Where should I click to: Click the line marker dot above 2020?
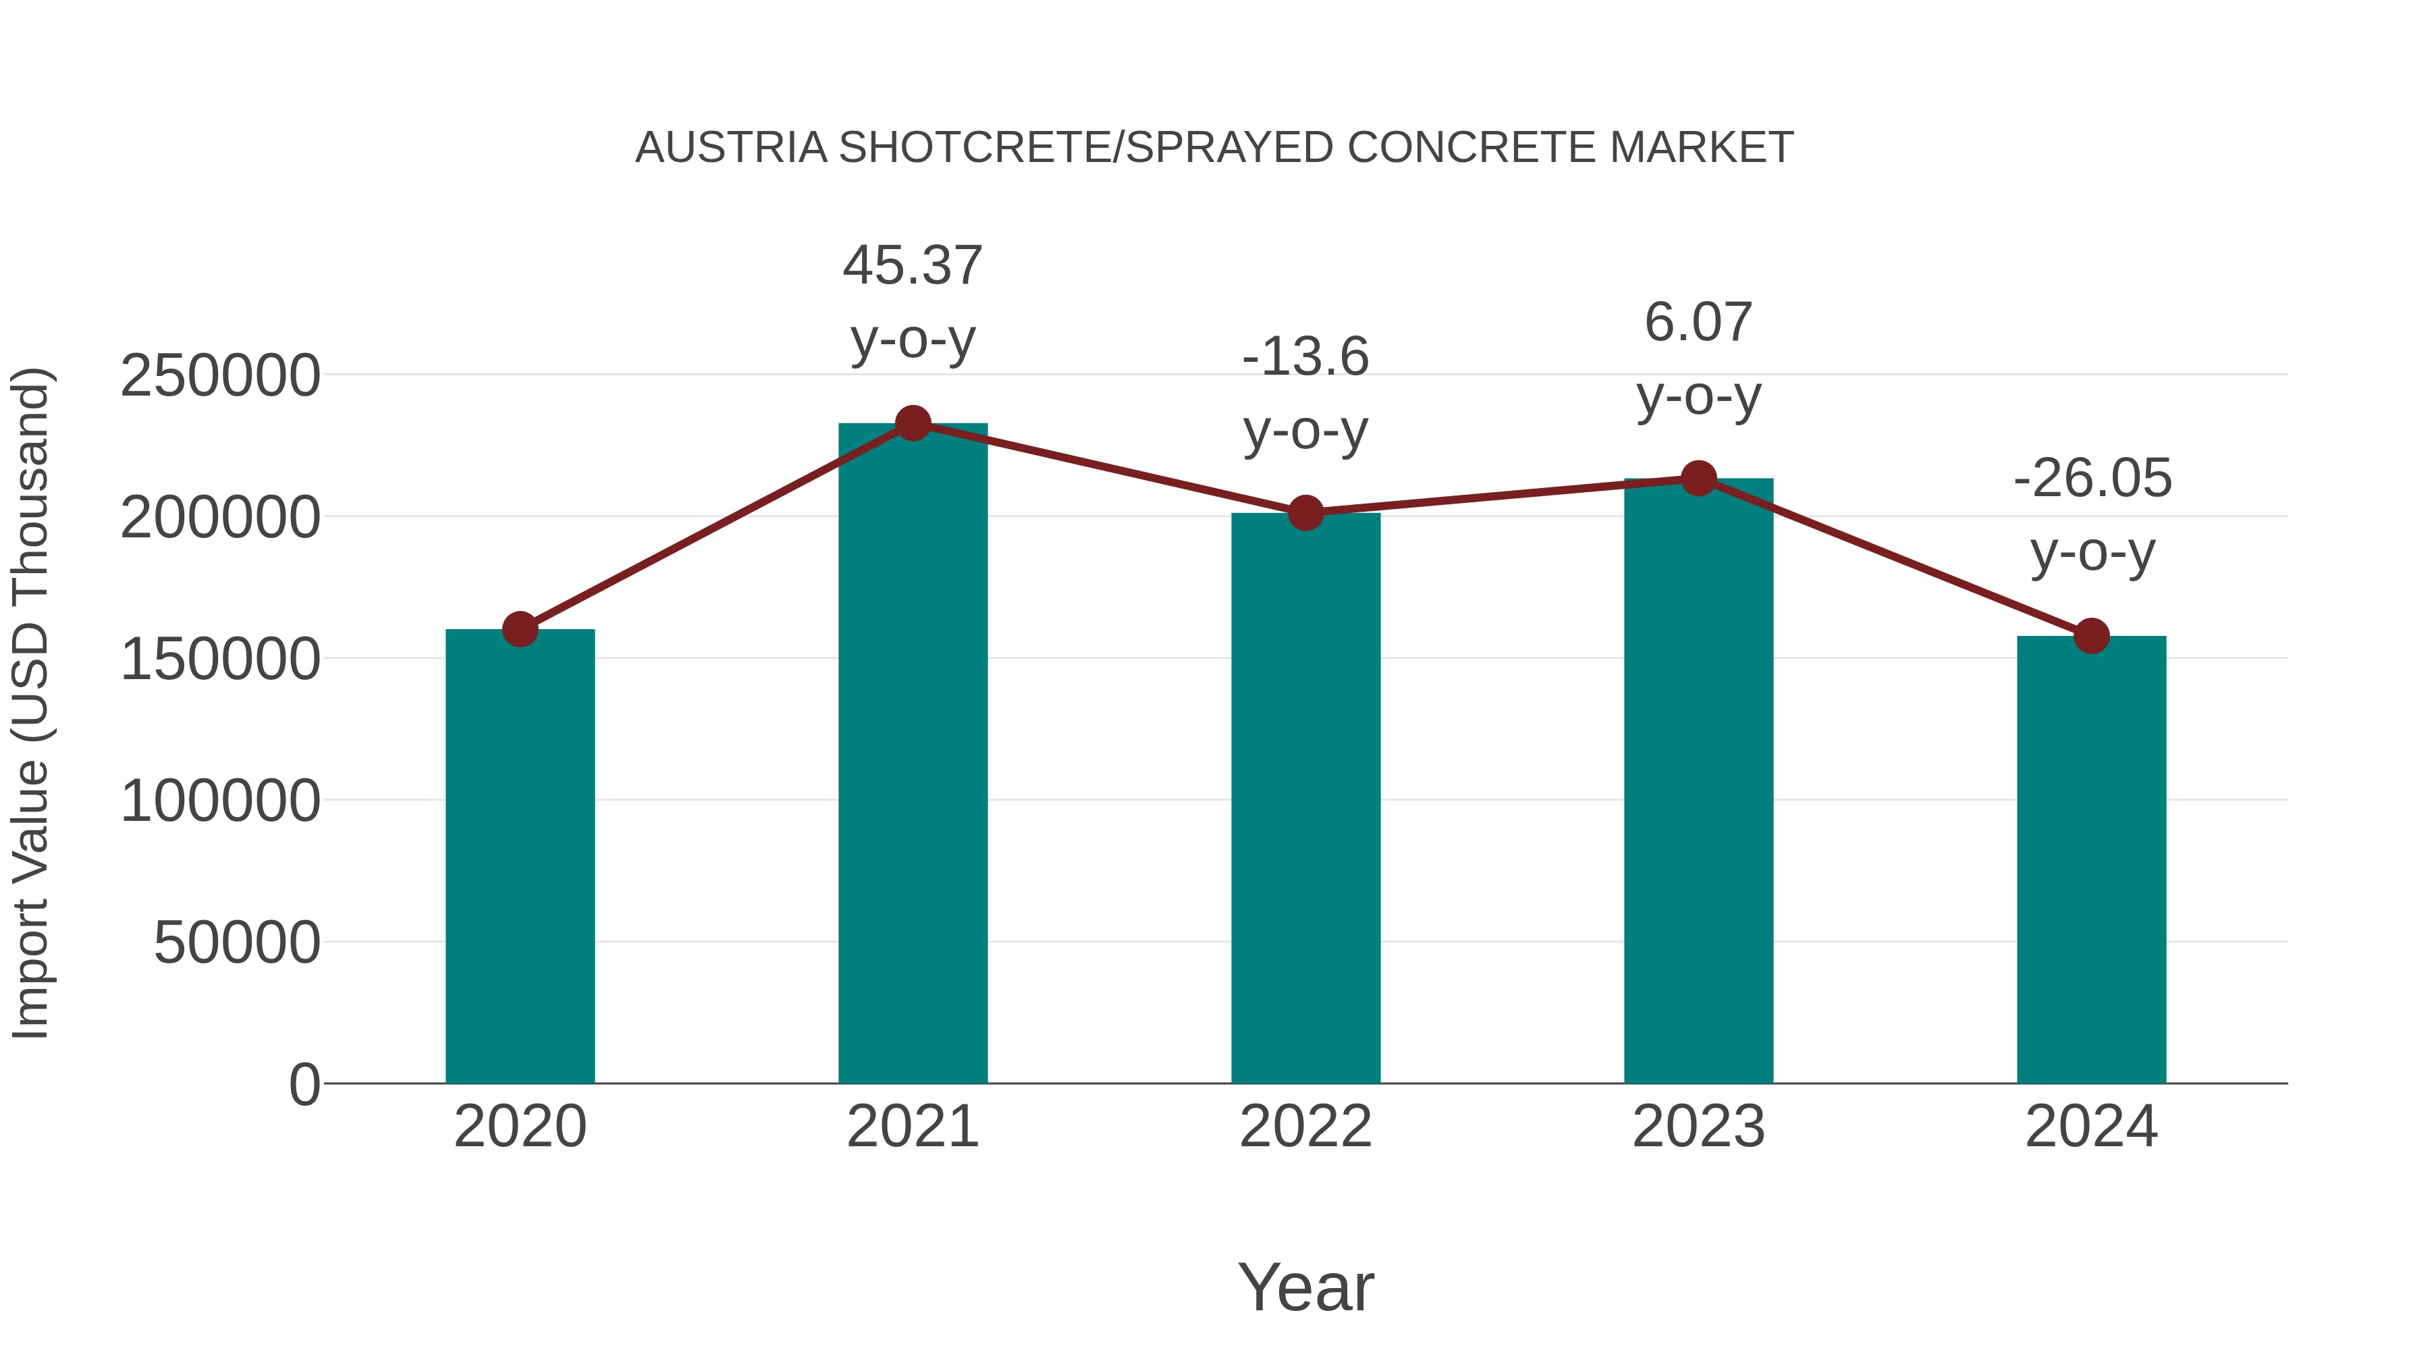[x=520, y=628]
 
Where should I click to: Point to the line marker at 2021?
[x=912, y=423]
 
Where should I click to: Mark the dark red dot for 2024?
[x=2091, y=636]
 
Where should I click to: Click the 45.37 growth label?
[x=912, y=265]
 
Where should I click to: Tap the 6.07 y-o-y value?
[x=1698, y=323]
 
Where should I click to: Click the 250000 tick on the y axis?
[x=221, y=375]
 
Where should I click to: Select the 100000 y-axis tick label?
[x=221, y=801]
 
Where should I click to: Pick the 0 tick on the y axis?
[x=304, y=1084]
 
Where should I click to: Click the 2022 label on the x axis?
[x=1305, y=1127]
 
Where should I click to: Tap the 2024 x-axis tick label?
[x=2091, y=1127]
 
